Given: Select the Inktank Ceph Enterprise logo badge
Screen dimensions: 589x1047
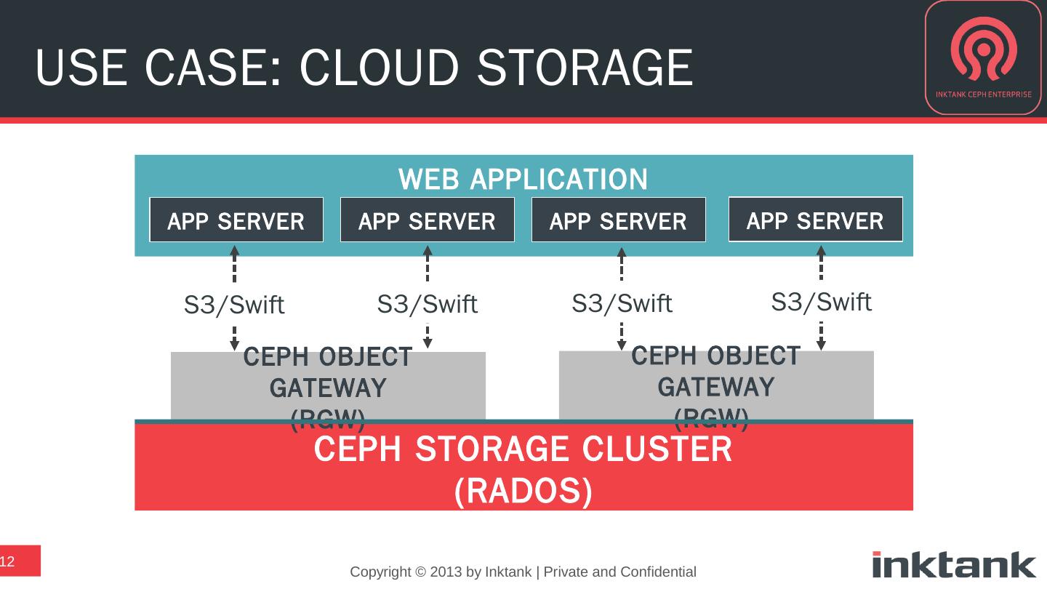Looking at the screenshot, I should (983, 57).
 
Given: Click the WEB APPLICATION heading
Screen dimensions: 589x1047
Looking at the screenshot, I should (523, 178).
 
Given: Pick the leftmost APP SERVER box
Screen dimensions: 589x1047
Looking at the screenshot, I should (236, 220).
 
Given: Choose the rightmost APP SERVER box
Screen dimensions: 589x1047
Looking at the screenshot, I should (815, 220).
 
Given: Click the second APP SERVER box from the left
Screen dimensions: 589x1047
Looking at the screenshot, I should (428, 220).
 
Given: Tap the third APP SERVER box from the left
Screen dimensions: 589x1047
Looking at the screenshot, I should (619, 220).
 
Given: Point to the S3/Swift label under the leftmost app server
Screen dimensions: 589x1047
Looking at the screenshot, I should (234, 305).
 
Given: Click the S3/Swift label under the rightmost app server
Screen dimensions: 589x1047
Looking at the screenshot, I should (821, 301).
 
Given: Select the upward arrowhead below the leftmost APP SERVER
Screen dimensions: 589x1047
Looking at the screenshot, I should (234, 251).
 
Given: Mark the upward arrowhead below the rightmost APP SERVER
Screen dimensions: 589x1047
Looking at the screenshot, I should (821, 251).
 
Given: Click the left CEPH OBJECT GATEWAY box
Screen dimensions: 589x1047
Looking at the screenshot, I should (328, 385).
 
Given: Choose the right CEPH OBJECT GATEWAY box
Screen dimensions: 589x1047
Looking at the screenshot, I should (716, 385).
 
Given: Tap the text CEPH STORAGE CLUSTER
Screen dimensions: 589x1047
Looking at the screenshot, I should (523, 449).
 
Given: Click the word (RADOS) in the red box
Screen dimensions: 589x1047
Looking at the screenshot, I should (523, 492).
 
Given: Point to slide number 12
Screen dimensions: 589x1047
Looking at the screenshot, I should (8, 561).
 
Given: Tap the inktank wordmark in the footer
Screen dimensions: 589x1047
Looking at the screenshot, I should (954, 564).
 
